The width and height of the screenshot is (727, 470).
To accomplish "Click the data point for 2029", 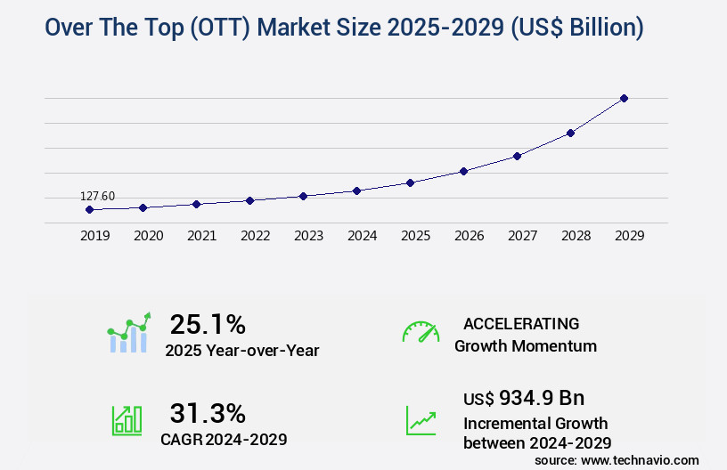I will pos(624,98).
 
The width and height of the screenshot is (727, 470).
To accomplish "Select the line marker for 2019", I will pos(89,210).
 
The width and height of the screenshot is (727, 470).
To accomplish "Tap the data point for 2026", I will pos(463,171).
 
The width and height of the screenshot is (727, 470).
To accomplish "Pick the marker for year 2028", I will pos(570,133).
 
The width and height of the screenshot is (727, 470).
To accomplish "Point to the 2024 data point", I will pos(356,190).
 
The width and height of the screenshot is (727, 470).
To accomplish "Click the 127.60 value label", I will pos(97,197).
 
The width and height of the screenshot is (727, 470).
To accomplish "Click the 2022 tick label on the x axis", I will pos(255,236).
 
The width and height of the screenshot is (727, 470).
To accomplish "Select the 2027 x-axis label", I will pos(522,236).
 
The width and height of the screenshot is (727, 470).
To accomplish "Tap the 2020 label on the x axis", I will pos(148,236).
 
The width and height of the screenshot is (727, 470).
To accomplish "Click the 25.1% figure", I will pos(208,324).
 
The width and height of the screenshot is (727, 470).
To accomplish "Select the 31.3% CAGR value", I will pos(208,413).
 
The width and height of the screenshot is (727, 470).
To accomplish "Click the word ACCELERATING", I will pos(521,324).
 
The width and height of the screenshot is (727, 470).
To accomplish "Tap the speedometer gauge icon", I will pos(421,332).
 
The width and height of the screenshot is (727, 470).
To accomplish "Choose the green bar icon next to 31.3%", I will pos(127,420).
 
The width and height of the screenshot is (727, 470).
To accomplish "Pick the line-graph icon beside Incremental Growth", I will pos(421,420).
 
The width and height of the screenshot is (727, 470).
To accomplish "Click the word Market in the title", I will pos(339,28).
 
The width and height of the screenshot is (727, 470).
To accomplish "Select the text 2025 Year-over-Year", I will pos(242,351).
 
